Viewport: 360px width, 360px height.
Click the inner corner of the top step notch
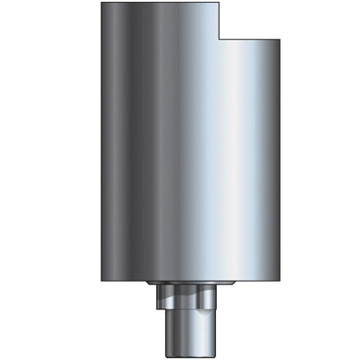coord(218,40)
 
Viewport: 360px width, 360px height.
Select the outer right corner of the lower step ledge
coord(280,40)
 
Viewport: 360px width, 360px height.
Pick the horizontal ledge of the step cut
coord(249,40)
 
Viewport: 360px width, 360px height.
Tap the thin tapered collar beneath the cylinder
coord(186,282)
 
